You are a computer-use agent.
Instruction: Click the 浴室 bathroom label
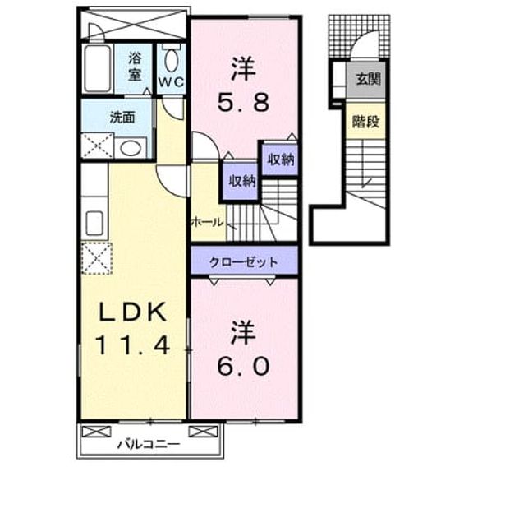click(135, 67)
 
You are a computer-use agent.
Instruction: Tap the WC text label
click(171, 81)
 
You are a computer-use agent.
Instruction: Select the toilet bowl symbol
click(171, 60)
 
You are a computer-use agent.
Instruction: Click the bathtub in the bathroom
click(97, 68)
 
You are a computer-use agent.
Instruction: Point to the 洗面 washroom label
click(122, 117)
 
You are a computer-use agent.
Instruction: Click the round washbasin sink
click(131, 148)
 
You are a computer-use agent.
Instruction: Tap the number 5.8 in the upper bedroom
click(243, 103)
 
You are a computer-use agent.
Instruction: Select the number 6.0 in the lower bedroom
click(243, 367)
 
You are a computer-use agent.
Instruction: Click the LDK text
click(133, 312)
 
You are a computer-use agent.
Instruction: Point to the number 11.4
click(133, 345)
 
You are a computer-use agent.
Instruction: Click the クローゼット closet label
click(244, 262)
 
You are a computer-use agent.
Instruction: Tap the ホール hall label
click(207, 222)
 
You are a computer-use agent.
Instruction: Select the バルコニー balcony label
click(149, 444)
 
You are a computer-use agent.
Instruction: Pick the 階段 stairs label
click(365, 122)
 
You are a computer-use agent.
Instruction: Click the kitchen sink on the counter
click(94, 223)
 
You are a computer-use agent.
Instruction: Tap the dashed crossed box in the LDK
click(97, 258)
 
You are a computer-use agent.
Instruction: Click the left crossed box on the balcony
click(97, 432)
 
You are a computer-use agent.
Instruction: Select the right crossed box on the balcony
click(203, 432)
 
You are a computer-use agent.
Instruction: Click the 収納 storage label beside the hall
click(242, 181)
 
